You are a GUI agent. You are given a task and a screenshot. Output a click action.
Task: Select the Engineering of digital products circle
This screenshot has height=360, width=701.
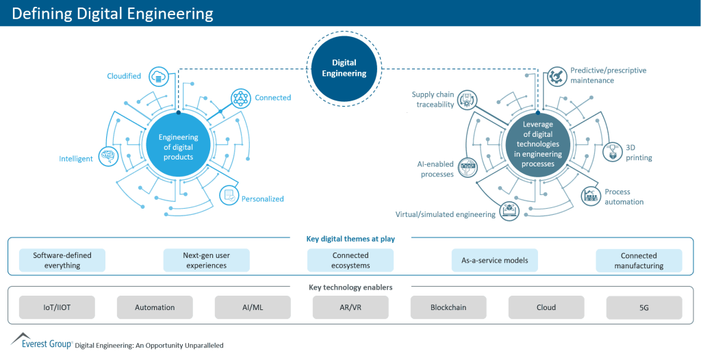coord(178,147)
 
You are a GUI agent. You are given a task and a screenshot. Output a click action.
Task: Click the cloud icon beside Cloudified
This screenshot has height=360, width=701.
coord(158,77)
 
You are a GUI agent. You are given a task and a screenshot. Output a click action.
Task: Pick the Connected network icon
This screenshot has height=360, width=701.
coord(240,98)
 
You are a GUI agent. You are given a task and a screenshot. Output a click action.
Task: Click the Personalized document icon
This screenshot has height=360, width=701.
coord(229,196)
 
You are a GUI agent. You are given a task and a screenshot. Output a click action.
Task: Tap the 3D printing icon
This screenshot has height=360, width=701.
coord(611,152)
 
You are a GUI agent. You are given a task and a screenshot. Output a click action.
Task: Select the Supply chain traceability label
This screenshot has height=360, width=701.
coord(432,99)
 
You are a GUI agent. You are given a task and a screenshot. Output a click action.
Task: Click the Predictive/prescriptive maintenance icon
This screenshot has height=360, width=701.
coord(556,76)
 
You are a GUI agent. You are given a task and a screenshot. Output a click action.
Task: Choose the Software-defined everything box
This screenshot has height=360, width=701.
coord(62,260)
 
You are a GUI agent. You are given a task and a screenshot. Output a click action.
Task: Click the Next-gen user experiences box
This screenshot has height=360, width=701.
coord(206,260)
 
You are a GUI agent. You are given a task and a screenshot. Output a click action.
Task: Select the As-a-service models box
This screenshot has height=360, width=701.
coord(494,260)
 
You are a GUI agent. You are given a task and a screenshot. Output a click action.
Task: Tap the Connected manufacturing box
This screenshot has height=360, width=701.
coord(639,260)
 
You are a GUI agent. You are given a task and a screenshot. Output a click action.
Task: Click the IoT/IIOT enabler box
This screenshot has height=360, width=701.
coord(57,307)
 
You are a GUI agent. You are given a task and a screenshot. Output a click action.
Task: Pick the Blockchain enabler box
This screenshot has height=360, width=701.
coord(448,307)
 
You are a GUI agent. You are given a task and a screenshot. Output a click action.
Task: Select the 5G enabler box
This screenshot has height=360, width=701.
coord(644,307)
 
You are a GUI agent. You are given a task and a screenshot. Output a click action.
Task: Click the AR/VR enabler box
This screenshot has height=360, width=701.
coord(350,307)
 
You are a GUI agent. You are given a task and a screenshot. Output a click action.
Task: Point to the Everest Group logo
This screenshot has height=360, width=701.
coord(41,342)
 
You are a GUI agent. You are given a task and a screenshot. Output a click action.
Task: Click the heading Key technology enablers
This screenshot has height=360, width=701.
coord(350,287)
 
